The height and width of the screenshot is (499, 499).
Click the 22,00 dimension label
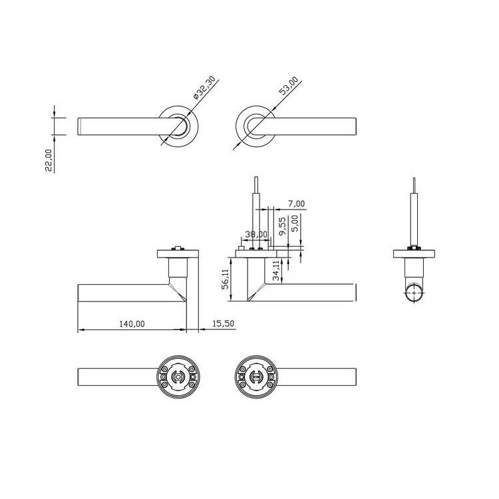pos(49,160)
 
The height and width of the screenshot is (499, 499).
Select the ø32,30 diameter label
pos(204,88)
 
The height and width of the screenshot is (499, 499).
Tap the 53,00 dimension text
pos(289,86)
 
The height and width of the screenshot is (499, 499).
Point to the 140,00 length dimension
pos(132,324)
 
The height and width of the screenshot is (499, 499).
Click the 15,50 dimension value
pos(223,323)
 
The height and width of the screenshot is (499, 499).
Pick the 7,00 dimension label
pos(296,204)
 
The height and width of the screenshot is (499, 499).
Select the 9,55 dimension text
pos(282,226)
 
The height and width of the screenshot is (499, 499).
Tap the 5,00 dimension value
pos(295,224)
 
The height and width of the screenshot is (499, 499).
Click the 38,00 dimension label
pos(256,235)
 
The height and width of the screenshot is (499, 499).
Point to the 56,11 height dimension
pos(226,279)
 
